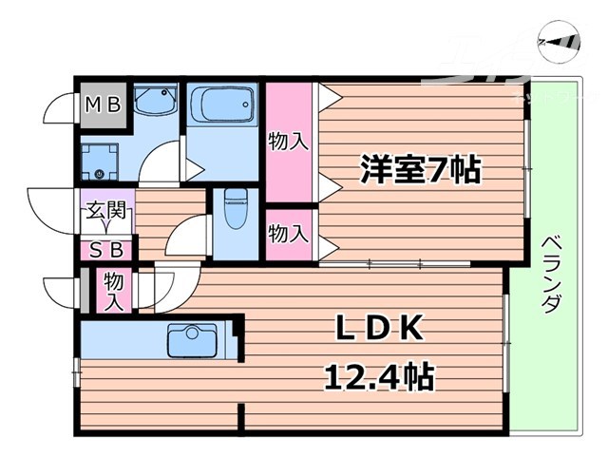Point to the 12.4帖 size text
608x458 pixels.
(380, 379)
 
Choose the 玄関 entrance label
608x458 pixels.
(106, 212)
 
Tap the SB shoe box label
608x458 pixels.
(106, 251)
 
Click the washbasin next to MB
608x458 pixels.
(154, 104)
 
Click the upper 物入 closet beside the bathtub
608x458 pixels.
(289, 143)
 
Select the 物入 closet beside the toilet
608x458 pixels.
(289, 234)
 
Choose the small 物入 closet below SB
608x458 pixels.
(114, 292)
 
